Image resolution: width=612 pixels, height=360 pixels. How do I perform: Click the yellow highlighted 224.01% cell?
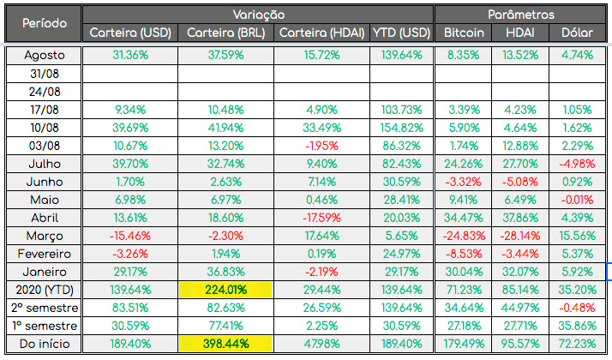pos(226,290)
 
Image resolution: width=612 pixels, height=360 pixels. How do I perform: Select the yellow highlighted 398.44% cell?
pos(226,345)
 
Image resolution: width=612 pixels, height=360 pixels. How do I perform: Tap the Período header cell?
pos(44,23)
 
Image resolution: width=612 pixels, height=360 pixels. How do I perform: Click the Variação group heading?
pos(259,15)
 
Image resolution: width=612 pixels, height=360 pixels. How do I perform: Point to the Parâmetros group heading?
pos(521,15)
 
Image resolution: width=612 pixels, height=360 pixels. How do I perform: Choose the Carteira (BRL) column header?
pos(226,33)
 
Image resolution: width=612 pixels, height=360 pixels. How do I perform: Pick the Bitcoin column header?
pos(464,33)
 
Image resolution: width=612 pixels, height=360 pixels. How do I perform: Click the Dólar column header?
pos(577,33)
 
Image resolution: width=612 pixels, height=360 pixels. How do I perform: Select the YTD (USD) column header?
pos(401,33)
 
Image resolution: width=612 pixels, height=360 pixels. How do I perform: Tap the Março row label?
pos(44,236)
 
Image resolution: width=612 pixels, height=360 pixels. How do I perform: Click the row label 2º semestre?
pos(44,308)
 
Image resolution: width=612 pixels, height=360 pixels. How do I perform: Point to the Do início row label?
pos(44,345)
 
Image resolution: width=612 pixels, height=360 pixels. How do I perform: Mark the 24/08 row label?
pos(44,91)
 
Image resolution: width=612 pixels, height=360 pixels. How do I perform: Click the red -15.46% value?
pos(130,236)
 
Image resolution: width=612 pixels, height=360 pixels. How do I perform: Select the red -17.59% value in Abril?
pos(322,218)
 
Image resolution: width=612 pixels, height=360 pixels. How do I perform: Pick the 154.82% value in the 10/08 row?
pos(401,127)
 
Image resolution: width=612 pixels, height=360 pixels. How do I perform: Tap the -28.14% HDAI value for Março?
pos(520,236)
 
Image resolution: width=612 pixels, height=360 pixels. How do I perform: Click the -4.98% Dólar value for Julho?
pos(577,163)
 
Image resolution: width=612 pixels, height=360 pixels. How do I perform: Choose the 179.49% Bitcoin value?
pos(464,345)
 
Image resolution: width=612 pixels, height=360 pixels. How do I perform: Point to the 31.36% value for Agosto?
pos(130,55)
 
